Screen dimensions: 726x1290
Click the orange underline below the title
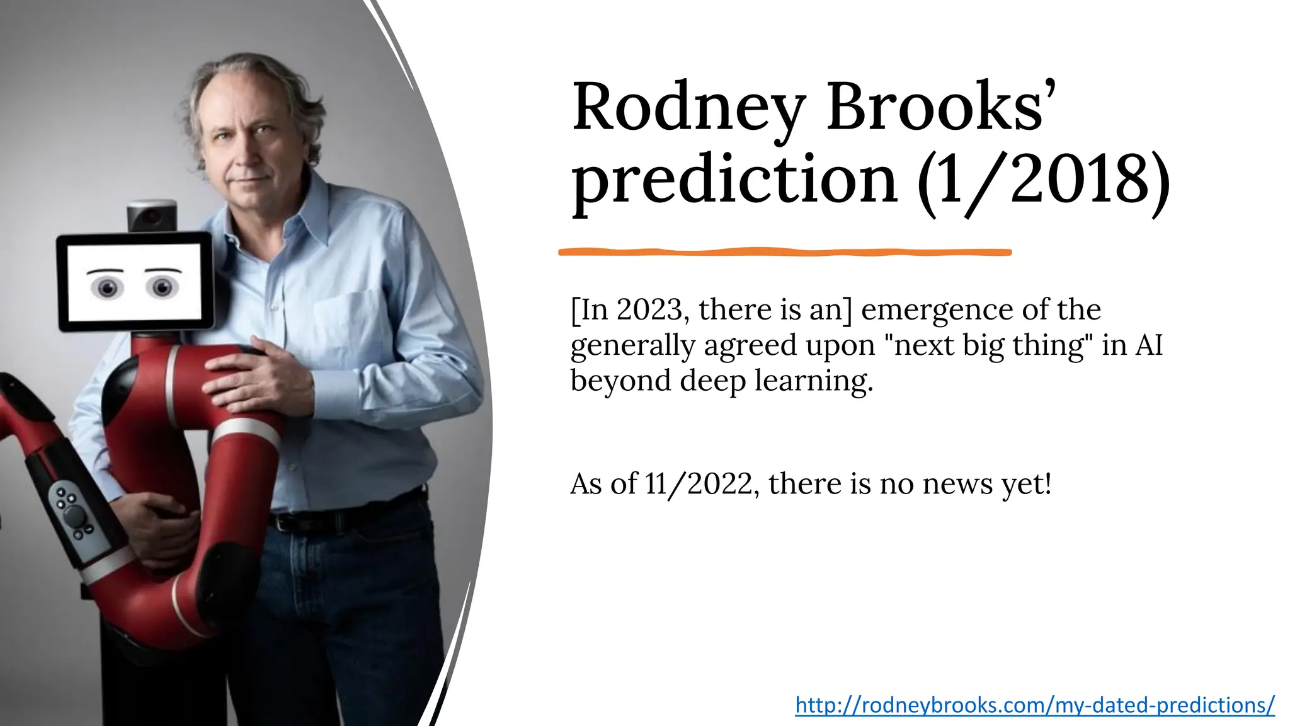(x=785, y=252)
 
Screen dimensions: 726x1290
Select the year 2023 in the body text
(x=649, y=309)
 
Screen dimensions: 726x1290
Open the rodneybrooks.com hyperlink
(x=1035, y=705)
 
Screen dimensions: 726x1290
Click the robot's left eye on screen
(x=108, y=287)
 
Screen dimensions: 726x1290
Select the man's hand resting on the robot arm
(x=265, y=378)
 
